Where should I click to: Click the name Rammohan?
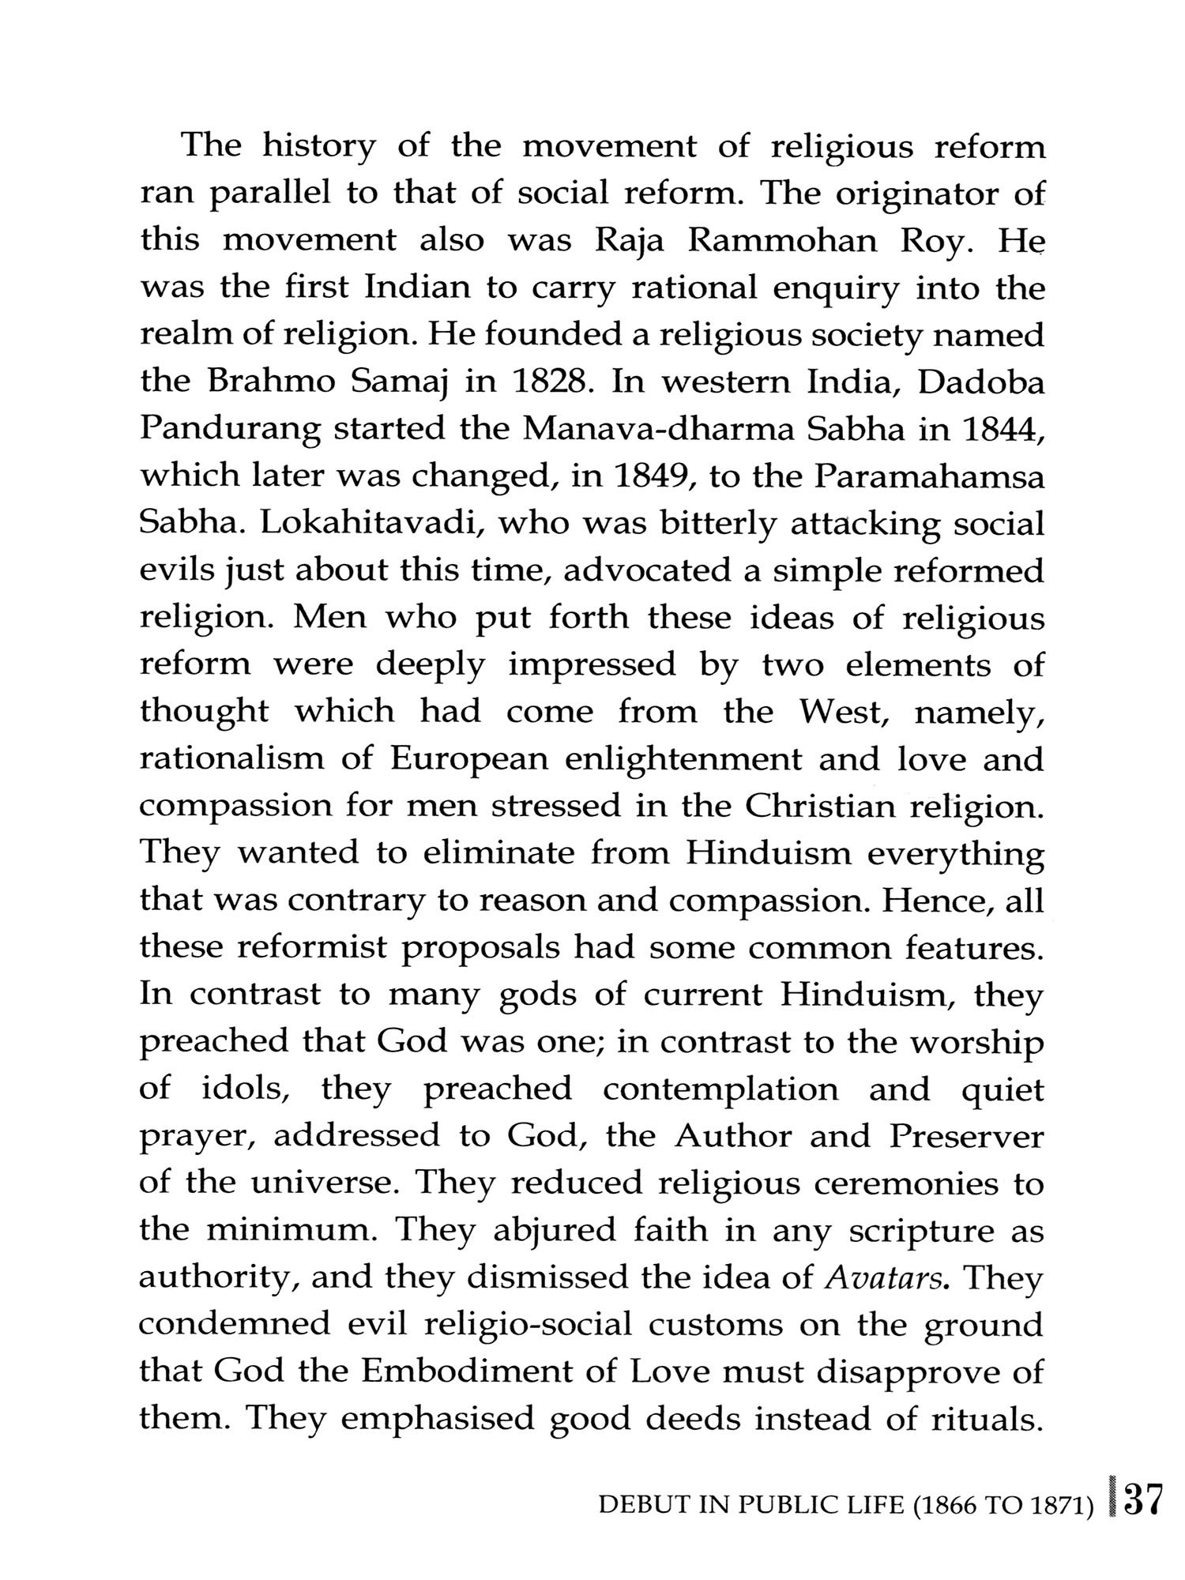(x=782, y=241)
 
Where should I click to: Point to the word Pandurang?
(x=230, y=431)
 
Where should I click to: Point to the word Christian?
(x=821, y=806)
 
